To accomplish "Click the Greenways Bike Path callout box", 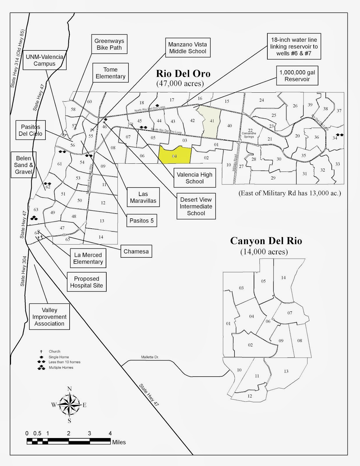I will click(x=109, y=44).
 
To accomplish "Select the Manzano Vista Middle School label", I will click(x=188, y=48).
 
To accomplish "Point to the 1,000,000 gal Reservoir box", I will click(x=297, y=76).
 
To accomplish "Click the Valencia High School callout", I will click(x=195, y=178).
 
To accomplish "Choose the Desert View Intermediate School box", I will click(x=196, y=206).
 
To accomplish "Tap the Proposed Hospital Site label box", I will click(x=87, y=282).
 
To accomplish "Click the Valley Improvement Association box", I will click(x=49, y=317).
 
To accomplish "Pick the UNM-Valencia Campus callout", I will click(x=44, y=60).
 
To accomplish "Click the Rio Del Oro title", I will click(x=183, y=73).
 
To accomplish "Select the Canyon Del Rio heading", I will click(x=266, y=241).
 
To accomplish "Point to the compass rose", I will click(x=69, y=405).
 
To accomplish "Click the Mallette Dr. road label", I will click(x=150, y=357).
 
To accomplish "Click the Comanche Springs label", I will click(x=249, y=135).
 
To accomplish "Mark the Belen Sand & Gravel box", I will click(x=24, y=165).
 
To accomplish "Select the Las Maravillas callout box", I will click(x=143, y=197).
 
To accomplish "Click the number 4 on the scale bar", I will click(x=110, y=433).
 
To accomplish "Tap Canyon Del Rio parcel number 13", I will click(x=286, y=371).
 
